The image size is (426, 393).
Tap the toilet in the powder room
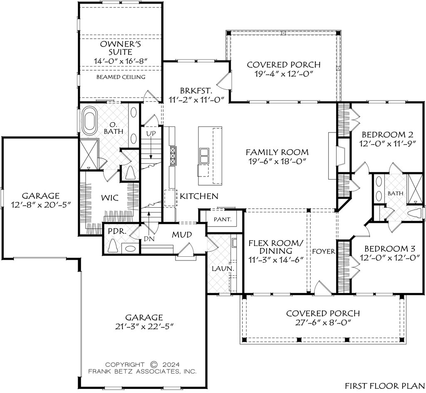pyautogui.click(x=113, y=246)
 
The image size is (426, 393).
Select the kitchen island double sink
pyautogui.click(x=203, y=156)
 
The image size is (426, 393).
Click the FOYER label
pyautogui.click(x=323, y=251)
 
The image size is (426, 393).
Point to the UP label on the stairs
pyautogui.click(x=151, y=134)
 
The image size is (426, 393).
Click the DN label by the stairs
pyautogui.click(x=149, y=239)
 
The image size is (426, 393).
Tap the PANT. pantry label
pyautogui.click(x=222, y=219)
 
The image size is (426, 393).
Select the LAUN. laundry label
pyautogui.click(x=223, y=268)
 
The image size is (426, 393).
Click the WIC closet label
pyautogui.click(x=110, y=198)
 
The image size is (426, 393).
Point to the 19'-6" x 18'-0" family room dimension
pyautogui.click(x=277, y=161)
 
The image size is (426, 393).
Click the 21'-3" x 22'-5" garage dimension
pyautogui.click(x=144, y=326)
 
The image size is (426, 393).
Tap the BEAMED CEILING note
pyautogui.click(x=121, y=77)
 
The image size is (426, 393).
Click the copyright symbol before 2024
pyautogui.click(x=154, y=364)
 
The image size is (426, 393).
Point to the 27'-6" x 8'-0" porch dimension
pyautogui.click(x=323, y=322)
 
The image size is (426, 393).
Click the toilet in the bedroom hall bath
pyautogui.click(x=415, y=213)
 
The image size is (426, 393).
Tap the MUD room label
pyautogui.click(x=182, y=235)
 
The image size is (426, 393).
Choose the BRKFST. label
pyautogui.click(x=196, y=90)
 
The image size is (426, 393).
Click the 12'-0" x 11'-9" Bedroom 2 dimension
pyautogui.click(x=388, y=144)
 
